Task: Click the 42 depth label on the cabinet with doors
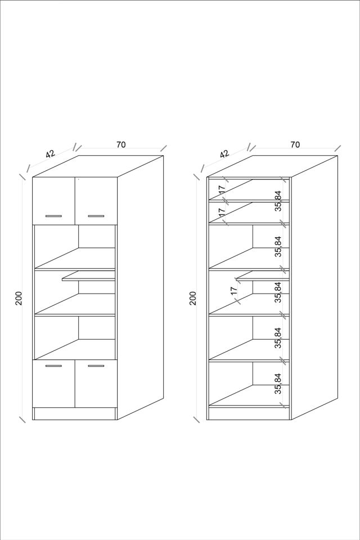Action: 50,154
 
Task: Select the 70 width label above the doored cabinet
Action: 121,145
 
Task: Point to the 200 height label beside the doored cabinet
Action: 19,298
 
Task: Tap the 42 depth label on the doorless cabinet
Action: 224,154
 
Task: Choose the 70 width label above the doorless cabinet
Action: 295,145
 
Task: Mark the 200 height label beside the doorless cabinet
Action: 193,298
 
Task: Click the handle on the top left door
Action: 54,216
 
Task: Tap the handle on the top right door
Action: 96,216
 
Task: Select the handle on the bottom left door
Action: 54,366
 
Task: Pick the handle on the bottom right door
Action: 96,366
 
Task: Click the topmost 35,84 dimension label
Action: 278,201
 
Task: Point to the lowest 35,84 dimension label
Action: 278,384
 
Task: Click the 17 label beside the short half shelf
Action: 234,291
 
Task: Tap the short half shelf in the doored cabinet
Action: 88,276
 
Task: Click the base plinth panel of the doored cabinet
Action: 75,414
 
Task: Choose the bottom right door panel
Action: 96,384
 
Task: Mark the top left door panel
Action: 54,201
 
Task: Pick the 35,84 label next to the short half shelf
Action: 278,292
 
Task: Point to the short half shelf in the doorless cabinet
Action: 263,276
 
